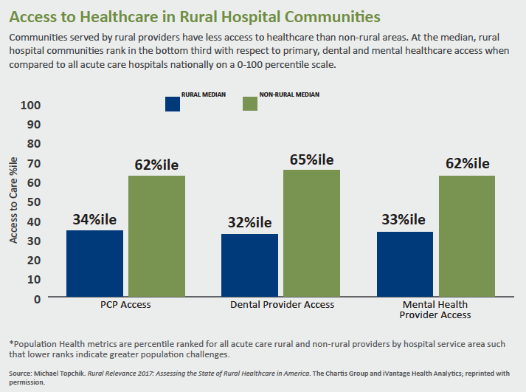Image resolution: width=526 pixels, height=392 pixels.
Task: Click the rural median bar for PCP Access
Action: coord(95,264)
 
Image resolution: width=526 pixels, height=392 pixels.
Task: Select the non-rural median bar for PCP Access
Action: coord(156,236)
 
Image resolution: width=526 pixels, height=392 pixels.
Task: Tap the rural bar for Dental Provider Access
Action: coord(250,266)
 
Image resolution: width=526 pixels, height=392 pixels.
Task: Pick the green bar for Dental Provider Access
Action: coord(311,233)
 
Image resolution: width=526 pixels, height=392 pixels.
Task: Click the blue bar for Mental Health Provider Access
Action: coord(405,264)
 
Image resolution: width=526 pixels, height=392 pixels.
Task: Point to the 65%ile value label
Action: coord(313,158)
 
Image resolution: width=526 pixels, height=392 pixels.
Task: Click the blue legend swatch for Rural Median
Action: coord(173,103)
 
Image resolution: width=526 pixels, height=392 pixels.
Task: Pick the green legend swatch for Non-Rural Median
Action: coord(250,103)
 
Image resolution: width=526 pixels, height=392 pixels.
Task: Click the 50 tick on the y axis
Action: coord(34,202)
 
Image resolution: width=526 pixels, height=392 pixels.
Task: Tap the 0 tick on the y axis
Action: coord(38,298)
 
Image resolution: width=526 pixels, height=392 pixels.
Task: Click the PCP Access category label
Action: coord(126,305)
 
